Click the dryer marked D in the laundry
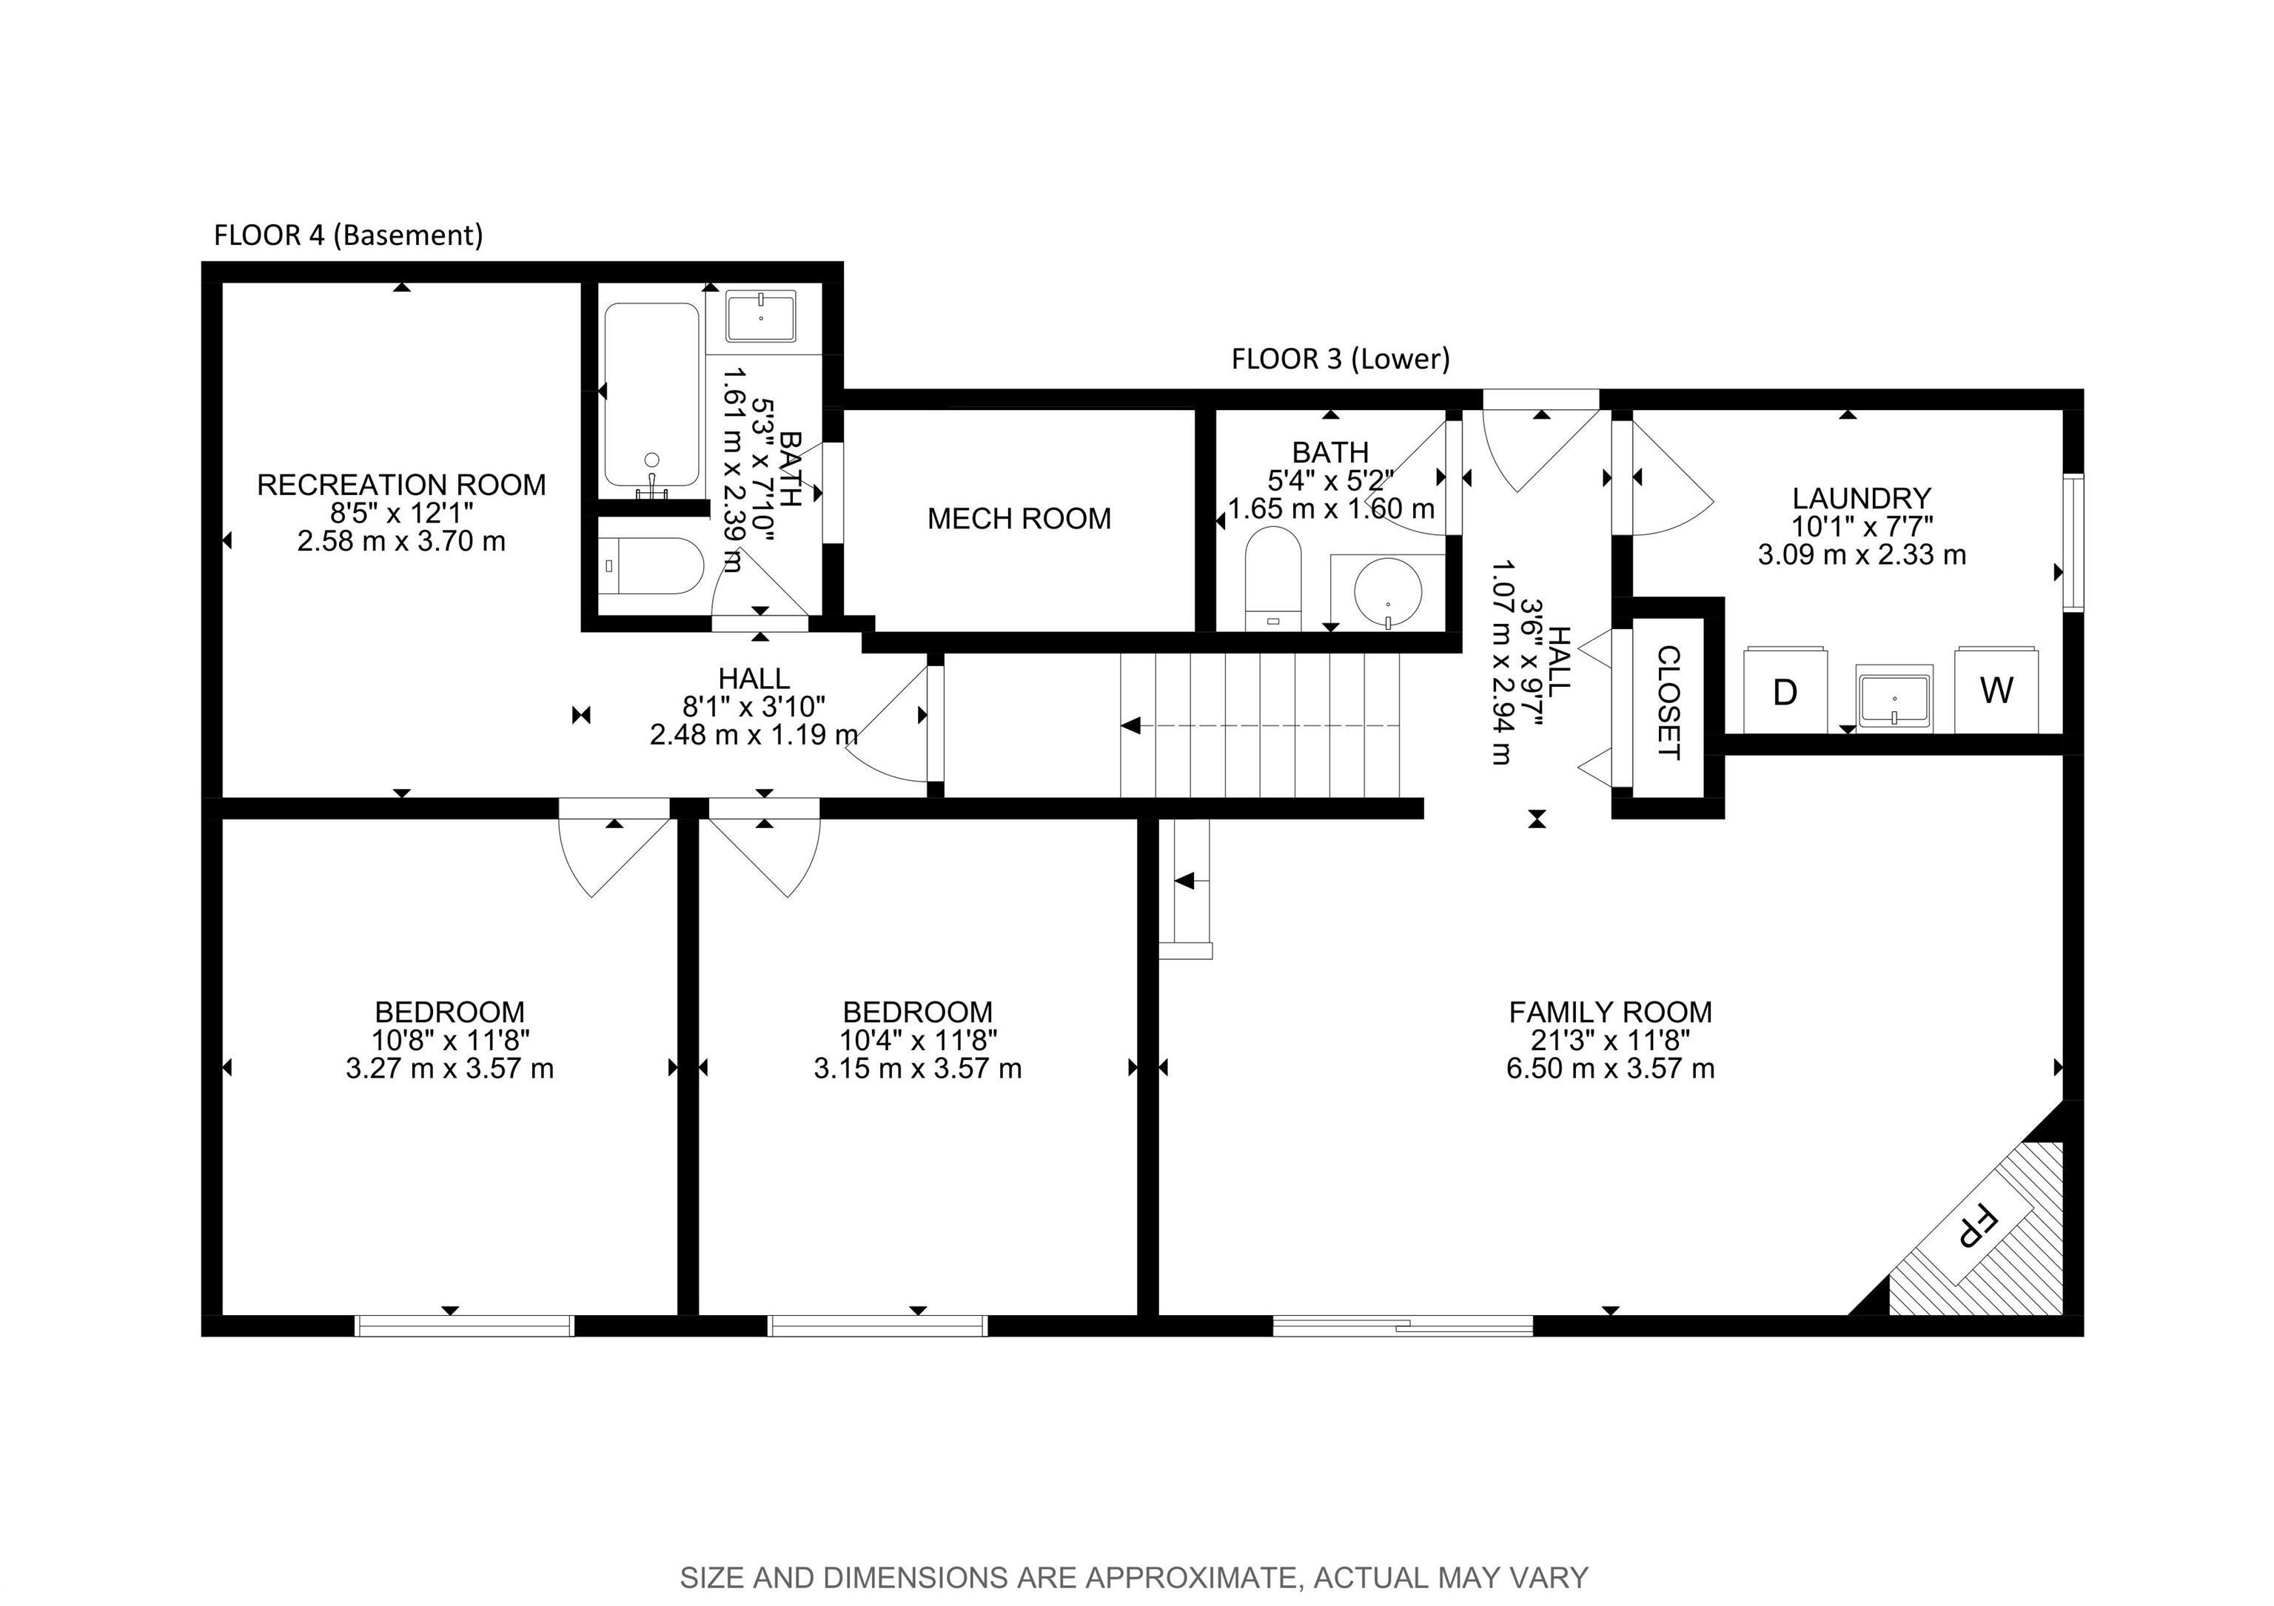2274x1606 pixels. point(1785,691)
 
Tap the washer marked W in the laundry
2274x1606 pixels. point(1996,689)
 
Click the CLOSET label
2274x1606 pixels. point(1668,702)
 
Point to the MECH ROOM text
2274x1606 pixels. point(1019,519)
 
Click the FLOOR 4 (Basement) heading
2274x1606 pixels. point(349,235)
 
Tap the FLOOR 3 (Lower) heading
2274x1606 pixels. point(1340,360)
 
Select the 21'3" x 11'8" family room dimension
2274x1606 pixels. point(1609,1040)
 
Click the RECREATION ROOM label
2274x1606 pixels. point(401,486)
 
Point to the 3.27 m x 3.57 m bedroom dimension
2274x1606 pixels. point(449,1069)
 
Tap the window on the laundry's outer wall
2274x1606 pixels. point(2073,542)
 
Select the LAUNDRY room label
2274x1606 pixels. point(1861,498)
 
